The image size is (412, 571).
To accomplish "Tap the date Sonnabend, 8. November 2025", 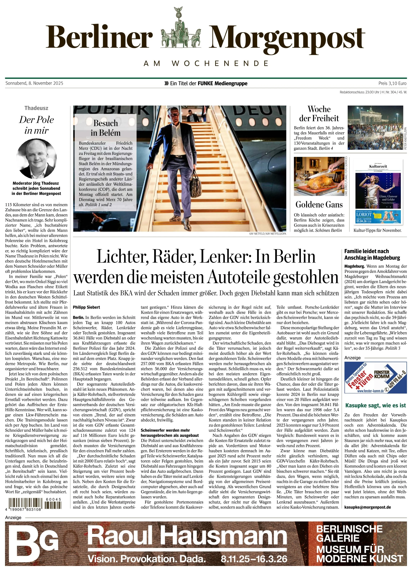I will coord(34,83).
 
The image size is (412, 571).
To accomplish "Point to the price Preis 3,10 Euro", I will coord(392,83).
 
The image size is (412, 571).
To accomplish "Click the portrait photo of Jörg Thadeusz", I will coord(36,159).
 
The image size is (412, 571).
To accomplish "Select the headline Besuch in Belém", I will coord(106,128).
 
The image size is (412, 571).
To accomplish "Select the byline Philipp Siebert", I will coord(86,307).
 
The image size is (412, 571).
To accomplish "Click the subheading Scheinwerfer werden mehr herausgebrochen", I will coord(170,433).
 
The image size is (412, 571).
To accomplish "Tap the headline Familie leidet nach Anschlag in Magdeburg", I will coord(372,254).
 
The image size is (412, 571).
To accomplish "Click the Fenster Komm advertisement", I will coord(375,377).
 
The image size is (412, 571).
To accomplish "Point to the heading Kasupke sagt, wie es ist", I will coord(375,405).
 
